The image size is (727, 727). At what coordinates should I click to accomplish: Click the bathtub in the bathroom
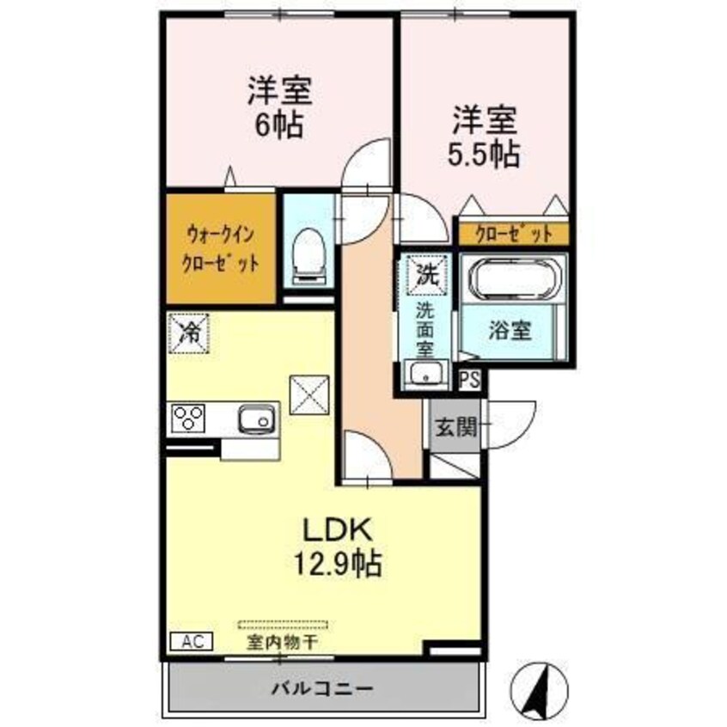513,280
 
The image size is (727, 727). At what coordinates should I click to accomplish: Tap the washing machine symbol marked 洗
427,275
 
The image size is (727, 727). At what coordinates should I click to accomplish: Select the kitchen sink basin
254,418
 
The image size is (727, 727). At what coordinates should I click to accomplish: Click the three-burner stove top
190,418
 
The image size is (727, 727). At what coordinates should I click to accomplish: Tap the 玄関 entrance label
454,427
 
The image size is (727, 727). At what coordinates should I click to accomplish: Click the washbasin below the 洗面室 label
425,373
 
